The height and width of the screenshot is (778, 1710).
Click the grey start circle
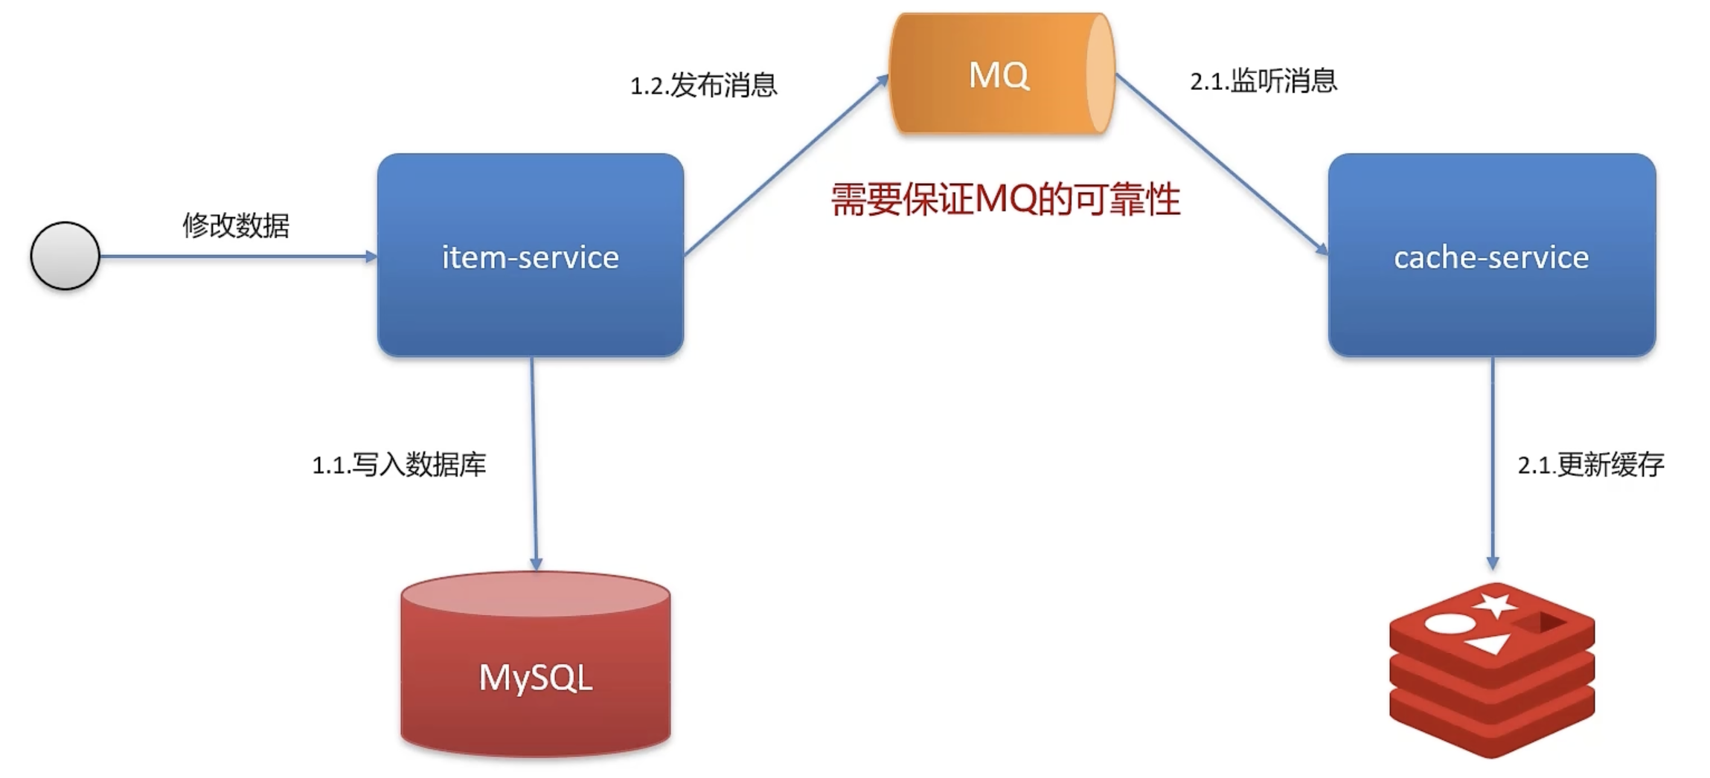(65, 256)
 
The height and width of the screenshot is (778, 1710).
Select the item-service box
(530, 255)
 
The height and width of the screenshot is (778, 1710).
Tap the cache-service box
(1491, 255)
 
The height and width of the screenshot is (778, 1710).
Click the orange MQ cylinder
(1001, 74)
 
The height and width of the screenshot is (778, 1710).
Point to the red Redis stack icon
(1491, 669)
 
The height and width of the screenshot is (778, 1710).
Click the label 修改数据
(236, 225)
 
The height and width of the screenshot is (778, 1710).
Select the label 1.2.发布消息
(703, 86)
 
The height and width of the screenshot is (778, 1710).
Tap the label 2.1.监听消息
(1264, 81)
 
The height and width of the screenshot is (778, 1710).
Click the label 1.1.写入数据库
(399, 465)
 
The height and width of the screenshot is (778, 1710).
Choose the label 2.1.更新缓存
(1591, 465)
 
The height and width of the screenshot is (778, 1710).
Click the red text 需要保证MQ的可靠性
(1005, 200)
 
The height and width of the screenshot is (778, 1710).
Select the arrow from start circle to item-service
(238, 257)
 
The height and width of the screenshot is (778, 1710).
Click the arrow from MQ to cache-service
(1220, 164)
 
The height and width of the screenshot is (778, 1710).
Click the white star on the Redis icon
(1494, 604)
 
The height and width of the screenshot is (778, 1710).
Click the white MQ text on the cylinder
(999, 75)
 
